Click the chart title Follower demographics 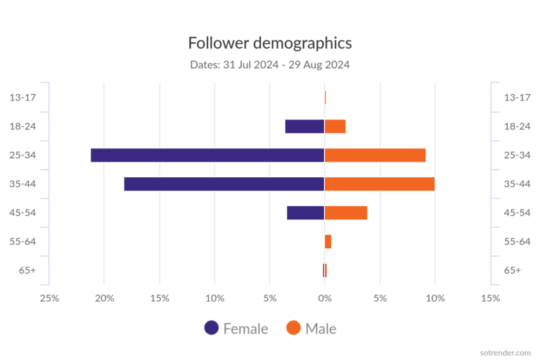(x=270, y=43)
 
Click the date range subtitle (x=270, y=65)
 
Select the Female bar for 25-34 (x=207, y=155)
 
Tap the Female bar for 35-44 (x=224, y=184)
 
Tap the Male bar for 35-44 (x=380, y=184)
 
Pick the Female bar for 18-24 (x=304, y=127)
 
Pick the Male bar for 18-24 (x=335, y=127)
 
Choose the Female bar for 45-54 (x=306, y=213)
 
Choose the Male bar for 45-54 (x=346, y=213)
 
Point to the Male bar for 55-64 (x=328, y=242)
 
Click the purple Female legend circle (x=212, y=328)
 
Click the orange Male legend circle (x=294, y=328)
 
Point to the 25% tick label (x=49, y=298)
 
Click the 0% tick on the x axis (x=325, y=298)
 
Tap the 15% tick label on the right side (x=490, y=298)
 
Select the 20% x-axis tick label (x=105, y=298)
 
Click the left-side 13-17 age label (x=25, y=97)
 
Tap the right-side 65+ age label (x=513, y=271)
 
